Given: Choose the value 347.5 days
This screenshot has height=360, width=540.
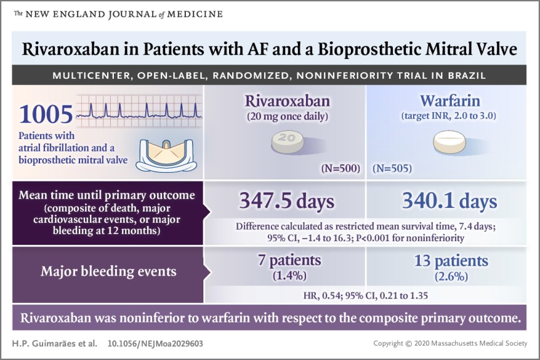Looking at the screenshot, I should point(287,202).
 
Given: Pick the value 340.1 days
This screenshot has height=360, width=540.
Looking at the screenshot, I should point(449,202).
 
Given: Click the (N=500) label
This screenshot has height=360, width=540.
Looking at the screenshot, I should point(341,168).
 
